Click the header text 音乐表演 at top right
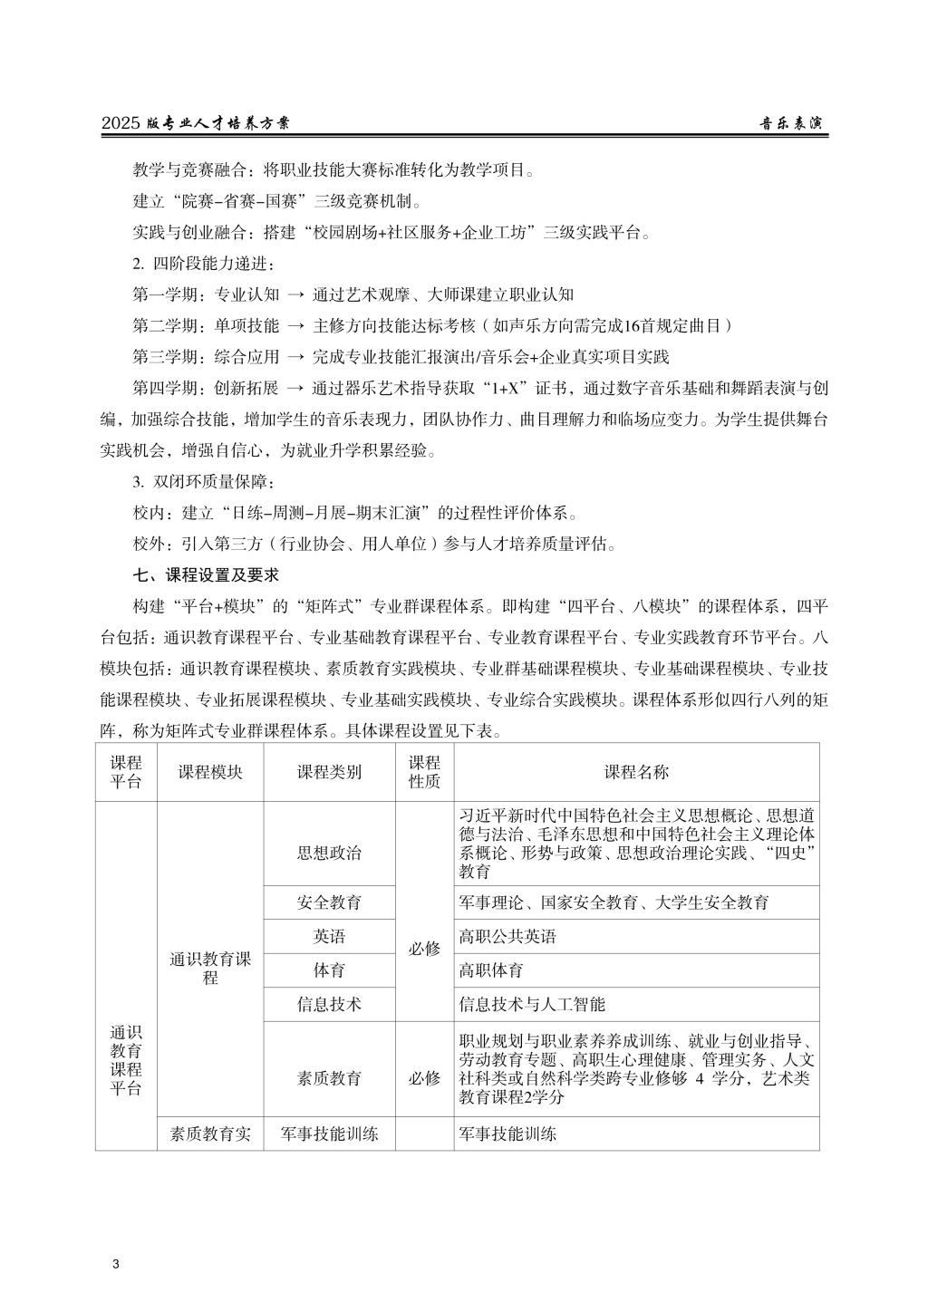point(791,123)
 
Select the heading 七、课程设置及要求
point(206,574)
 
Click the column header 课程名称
point(636,772)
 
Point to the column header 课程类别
point(329,772)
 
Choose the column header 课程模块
point(210,772)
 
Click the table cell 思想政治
point(329,853)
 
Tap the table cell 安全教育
point(329,902)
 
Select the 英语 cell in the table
point(329,936)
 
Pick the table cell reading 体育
point(329,970)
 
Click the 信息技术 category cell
point(329,1004)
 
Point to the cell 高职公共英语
point(507,936)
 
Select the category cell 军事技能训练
point(329,1134)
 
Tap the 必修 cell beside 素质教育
point(424,1078)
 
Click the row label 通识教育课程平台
point(126,1060)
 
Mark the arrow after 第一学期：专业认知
point(295,294)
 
